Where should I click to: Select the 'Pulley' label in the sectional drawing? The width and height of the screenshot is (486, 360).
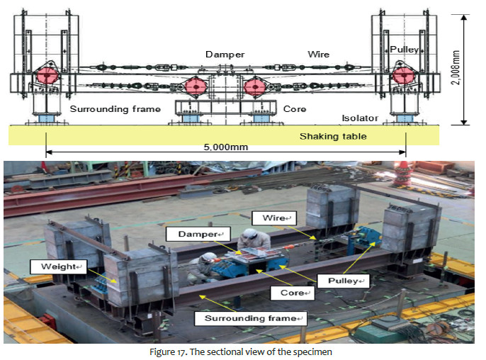(x=405, y=50)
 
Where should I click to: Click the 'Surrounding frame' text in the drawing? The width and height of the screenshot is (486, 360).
(x=115, y=109)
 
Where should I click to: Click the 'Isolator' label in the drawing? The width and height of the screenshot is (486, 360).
(x=359, y=119)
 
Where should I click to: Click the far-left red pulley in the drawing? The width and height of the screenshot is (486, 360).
(x=47, y=75)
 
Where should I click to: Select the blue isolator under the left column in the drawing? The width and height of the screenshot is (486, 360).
(x=46, y=116)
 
